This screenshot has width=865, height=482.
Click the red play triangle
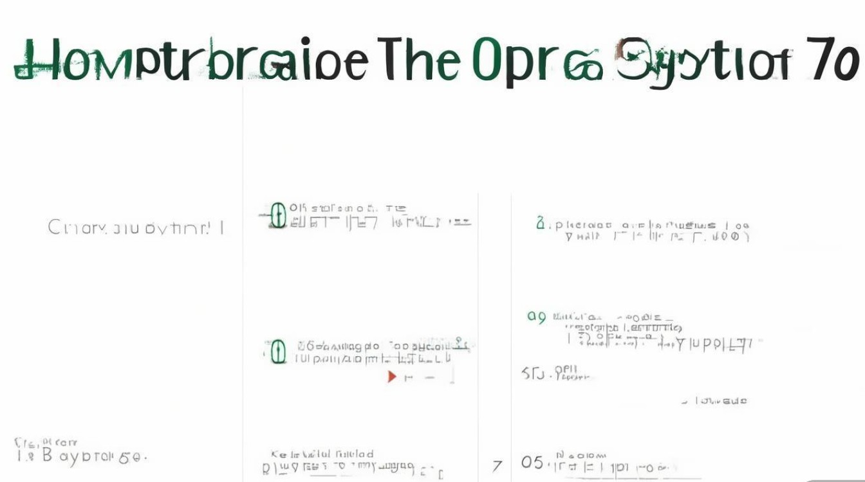pos(391,377)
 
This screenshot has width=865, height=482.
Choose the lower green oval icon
pos(278,352)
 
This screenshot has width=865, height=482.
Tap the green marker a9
pos(536,316)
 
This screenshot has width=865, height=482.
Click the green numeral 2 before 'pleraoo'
pos(540,224)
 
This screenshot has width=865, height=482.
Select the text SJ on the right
pos(533,373)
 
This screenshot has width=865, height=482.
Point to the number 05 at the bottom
pos(532,463)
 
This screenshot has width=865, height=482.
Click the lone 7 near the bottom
pos(496,465)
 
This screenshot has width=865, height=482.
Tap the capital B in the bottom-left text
pos(47,457)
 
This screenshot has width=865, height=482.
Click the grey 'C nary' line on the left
pos(135,228)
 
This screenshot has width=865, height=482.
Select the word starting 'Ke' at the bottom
pos(278,454)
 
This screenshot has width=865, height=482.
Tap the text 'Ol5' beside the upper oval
pos(297,208)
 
